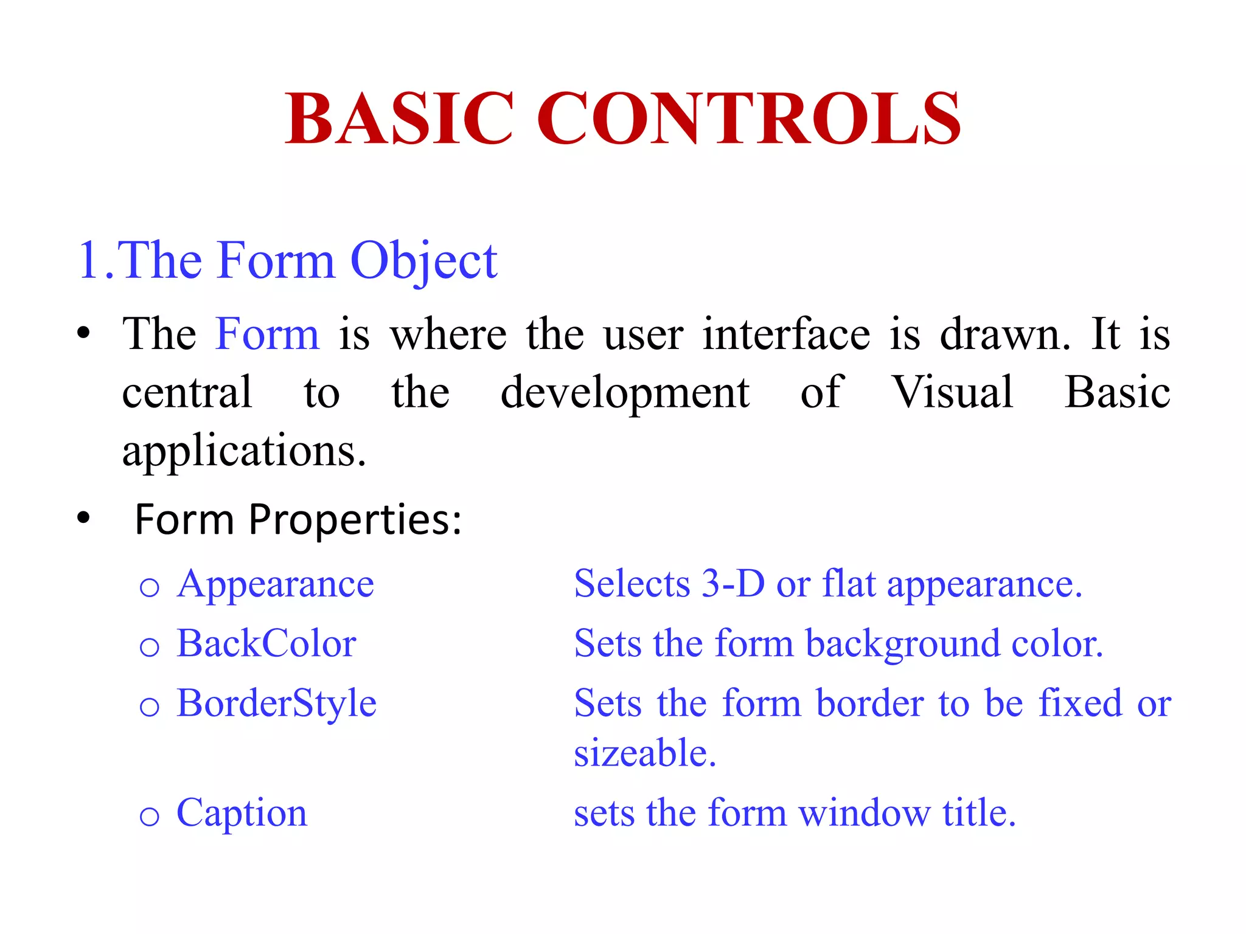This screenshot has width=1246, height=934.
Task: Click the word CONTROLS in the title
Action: click(748, 118)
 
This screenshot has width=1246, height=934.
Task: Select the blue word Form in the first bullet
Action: click(267, 334)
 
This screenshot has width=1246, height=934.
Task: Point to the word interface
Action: click(786, 334)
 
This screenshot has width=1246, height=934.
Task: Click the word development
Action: click(625, 393)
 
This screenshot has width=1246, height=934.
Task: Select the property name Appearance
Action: click(275, 585)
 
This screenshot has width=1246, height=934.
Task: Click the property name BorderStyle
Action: click(276, 704)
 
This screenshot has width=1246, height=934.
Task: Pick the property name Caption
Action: click(242, 813)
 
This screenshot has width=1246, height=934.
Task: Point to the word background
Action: click(903, 645)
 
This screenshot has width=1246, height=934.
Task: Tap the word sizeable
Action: click(645, 753)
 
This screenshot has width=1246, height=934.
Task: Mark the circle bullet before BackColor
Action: click(149, 647)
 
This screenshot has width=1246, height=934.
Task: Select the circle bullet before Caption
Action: click(149, 816)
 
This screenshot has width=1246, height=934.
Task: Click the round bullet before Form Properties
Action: click(83, 518)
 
